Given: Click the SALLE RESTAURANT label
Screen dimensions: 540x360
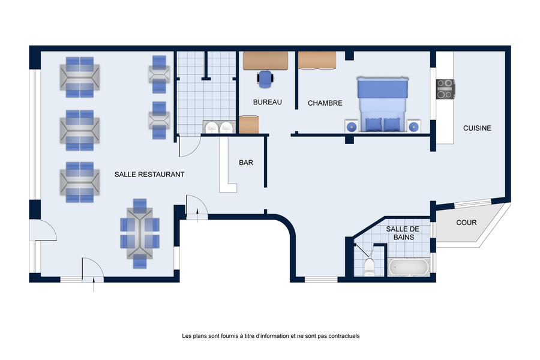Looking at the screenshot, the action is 149,175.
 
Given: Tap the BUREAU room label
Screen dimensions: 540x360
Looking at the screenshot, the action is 267,102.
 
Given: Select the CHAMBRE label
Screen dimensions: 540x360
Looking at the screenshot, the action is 325,103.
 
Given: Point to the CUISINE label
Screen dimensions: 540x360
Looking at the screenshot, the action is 477,128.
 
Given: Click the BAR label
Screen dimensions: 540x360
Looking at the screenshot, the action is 246,163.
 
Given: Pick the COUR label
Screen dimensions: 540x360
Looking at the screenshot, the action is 466,223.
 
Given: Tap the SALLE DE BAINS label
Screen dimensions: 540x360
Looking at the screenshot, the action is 403,233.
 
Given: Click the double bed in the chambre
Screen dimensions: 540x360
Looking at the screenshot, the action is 383,104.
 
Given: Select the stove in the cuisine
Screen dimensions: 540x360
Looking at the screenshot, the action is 445,89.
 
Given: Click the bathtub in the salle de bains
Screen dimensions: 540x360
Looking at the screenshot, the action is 409,267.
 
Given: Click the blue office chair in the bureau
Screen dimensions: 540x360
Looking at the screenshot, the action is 265,78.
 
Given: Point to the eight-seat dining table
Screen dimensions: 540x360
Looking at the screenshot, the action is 140,233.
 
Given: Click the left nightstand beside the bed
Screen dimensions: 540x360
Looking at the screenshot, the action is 351,127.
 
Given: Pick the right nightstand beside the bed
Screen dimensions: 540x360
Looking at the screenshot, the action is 413,127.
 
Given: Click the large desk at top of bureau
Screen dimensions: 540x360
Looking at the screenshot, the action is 265,61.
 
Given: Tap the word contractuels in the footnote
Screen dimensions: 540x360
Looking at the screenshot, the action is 344,336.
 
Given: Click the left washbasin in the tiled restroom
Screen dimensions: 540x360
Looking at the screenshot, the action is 211,127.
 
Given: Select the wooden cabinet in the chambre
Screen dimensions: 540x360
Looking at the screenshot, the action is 317,60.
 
